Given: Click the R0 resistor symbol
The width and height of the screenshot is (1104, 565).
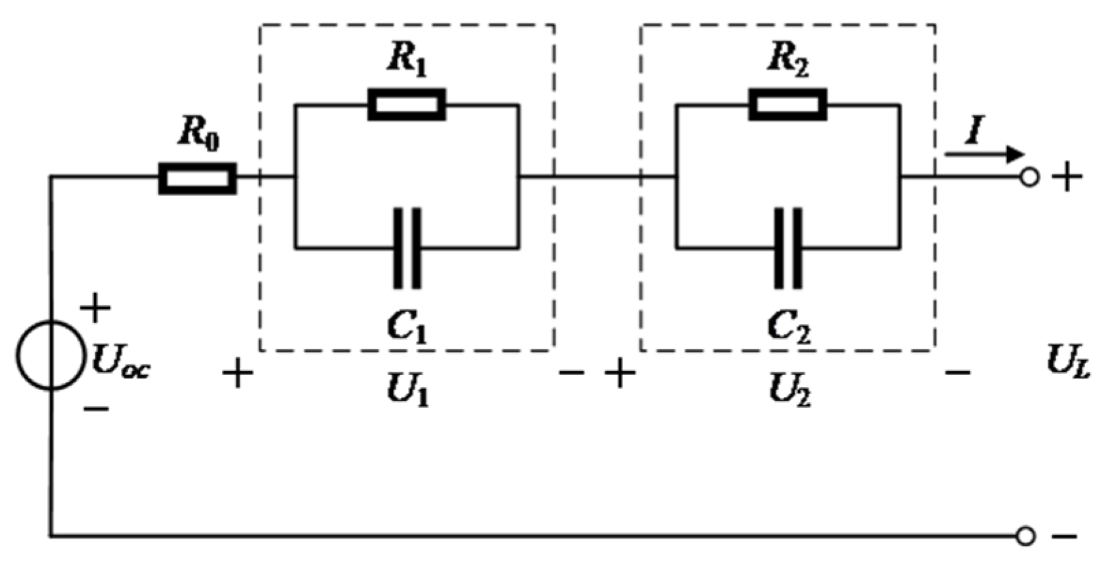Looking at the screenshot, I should point(197,178).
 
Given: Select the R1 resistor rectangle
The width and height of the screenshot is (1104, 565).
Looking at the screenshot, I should point(406,105).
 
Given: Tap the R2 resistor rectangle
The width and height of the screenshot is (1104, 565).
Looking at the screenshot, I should point(788,105).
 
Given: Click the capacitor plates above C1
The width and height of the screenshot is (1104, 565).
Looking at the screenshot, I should point(407,248).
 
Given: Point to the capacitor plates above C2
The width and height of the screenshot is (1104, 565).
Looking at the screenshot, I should point(788,248).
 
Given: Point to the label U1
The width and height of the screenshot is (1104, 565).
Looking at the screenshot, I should point(407,391).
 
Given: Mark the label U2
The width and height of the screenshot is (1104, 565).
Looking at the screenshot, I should point(789,391).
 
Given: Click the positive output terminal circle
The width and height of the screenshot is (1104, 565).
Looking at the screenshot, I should point(1029,178).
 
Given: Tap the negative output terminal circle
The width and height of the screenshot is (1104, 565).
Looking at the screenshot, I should point(1025,536).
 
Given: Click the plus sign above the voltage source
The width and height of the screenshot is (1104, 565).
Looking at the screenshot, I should point(95,309).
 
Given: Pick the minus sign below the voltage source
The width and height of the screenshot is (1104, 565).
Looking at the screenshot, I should point(96,409).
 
